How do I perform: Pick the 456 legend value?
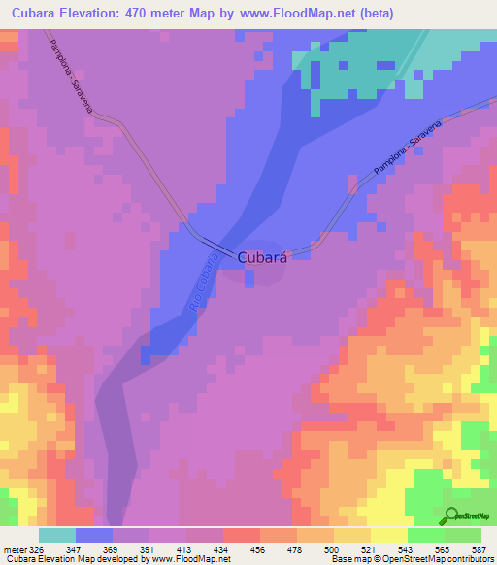(x=257, y=548)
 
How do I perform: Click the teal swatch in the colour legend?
(x=56, y=535)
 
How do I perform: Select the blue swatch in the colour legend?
(x=93, y=535)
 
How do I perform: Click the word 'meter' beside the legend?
(x=13, y=548)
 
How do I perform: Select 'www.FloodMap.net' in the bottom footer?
(x=184, y=559)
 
